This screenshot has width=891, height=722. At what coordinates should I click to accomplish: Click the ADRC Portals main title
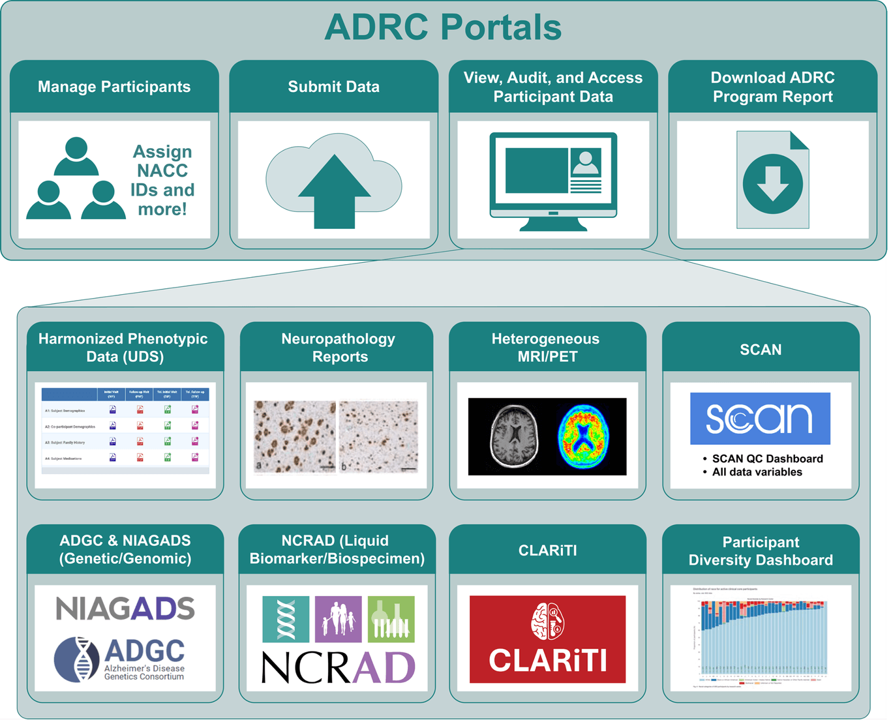(x=443, y=27)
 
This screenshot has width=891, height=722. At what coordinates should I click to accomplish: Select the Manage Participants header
(x=114, y=87)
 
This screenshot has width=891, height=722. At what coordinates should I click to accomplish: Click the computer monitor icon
(x=553, y=179)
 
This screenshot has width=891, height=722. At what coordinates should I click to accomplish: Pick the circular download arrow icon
(x=773, y=184)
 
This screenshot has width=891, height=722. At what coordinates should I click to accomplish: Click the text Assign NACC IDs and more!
(x=162, y=180)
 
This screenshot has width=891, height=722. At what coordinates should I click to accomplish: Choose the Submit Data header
(x=334, y=87)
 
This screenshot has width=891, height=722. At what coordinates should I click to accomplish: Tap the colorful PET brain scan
(x=584, y=436)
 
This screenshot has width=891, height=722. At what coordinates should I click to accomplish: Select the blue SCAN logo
(x=760, y=418)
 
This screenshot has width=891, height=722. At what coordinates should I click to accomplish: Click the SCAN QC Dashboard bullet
(x=767, y=459)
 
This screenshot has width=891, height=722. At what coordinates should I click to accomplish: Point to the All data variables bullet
(x=757, y=472)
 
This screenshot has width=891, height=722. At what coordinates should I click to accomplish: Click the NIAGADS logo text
(x=125, y=609)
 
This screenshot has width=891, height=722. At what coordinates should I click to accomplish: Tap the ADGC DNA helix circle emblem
(x=78, y=659)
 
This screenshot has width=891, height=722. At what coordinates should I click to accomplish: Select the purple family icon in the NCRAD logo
(x=338, y=619)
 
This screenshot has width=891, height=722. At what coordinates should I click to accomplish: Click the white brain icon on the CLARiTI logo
(x=547, y=621)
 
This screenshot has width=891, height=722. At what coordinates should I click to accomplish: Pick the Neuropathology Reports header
(x=338, y=348)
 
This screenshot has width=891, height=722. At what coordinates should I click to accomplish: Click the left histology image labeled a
(x=295, y=436)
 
